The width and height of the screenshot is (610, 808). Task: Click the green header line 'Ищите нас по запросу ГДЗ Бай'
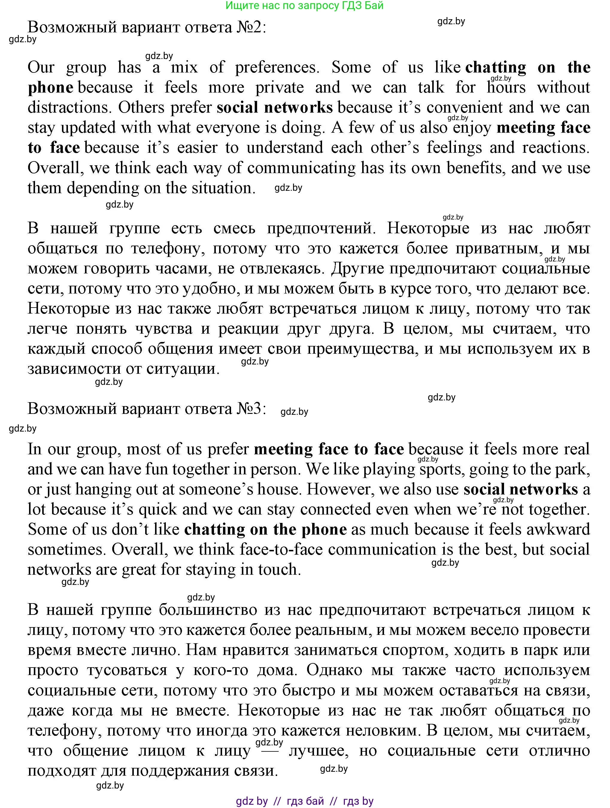click(304, 5)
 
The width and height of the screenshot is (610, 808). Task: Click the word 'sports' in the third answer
click(442, 469)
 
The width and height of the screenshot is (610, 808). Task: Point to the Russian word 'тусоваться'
click(127, 670)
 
